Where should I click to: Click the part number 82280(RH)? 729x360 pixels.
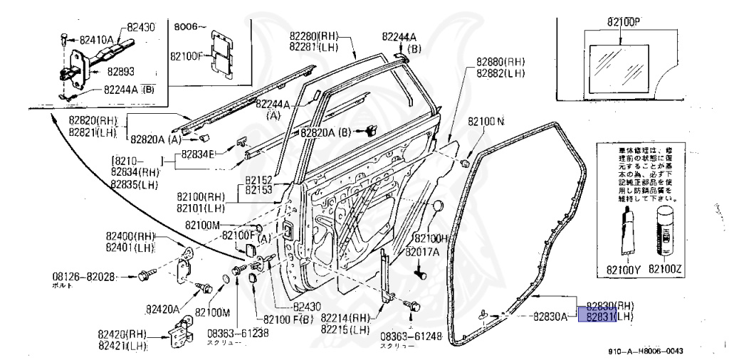click(314, 36)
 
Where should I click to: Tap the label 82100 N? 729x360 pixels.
click(486, 122)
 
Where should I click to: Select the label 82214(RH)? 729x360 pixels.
click(345, 318)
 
